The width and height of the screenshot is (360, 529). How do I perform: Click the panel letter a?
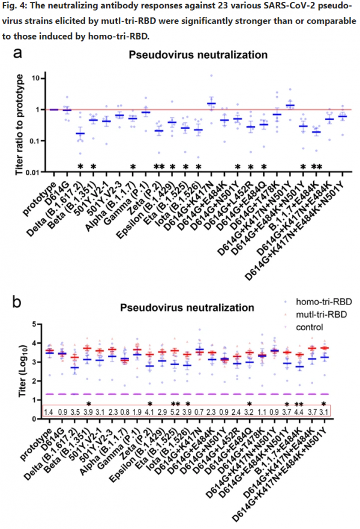[18, 55]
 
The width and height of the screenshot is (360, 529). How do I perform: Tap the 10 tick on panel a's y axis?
[35, 79]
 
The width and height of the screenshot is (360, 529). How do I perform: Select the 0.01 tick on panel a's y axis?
[33, 172]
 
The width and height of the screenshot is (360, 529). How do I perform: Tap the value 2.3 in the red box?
[113, 411]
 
